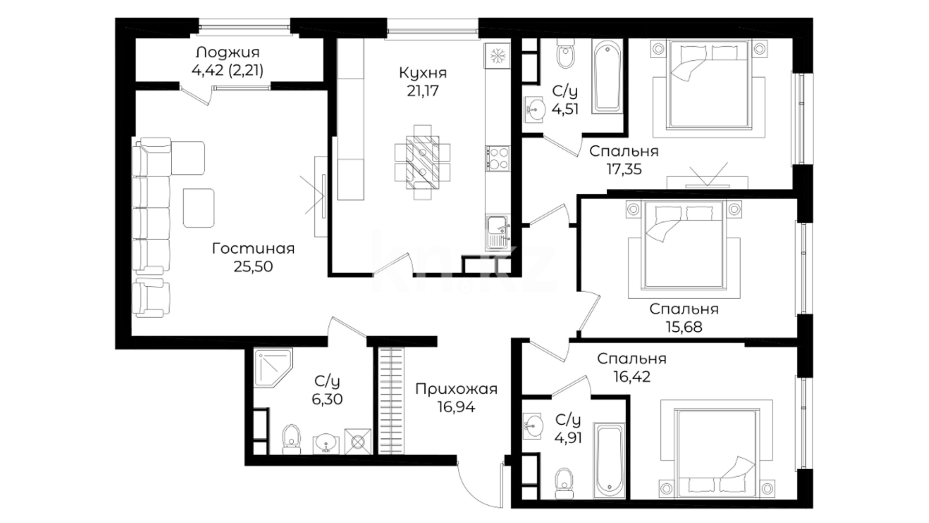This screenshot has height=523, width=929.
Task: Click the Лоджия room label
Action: coord(227,52)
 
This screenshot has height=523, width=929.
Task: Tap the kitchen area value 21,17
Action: coord(422,91)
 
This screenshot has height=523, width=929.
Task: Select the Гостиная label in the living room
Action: coord(253,248)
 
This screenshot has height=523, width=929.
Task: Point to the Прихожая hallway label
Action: coord(456,389)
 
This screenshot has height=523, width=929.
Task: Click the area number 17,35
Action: coord(624,169)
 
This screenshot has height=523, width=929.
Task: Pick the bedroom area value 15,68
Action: coord(684,327)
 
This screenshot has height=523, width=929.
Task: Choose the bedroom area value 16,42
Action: coord(632,376)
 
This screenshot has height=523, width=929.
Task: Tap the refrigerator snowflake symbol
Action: coord(497,55)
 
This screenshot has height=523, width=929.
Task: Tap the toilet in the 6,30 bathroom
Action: coord(291,439)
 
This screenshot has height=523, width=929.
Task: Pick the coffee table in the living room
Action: coord(198,208)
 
